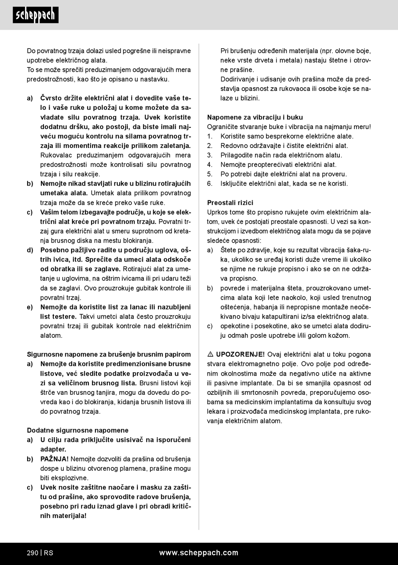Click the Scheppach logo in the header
click(x=36, y=15)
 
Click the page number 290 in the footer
click(x=33, y=553)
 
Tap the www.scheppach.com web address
click(x=199, y=553)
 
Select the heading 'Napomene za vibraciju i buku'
click(x=255, y=117)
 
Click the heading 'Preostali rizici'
click(x=230, y=203)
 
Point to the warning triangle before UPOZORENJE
click(x=210, y=355)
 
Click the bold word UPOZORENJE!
click(x=240, y=355)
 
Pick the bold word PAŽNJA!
click(x=54, y=459)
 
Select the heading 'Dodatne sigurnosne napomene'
click(x=78, y=430)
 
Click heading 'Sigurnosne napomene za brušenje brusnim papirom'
click(x=109, y=355)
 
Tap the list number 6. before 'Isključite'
click(x=210, y=184)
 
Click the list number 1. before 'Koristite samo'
click(x=210, y=136)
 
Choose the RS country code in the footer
click(x=49, y=553)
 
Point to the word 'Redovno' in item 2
click(x=233, y=146)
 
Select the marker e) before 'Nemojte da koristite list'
click(x=30, y=307)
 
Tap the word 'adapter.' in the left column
click(x=53, y=449)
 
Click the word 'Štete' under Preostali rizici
click(x=229, y=250)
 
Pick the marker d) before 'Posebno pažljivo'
click(x=30, y=250)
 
